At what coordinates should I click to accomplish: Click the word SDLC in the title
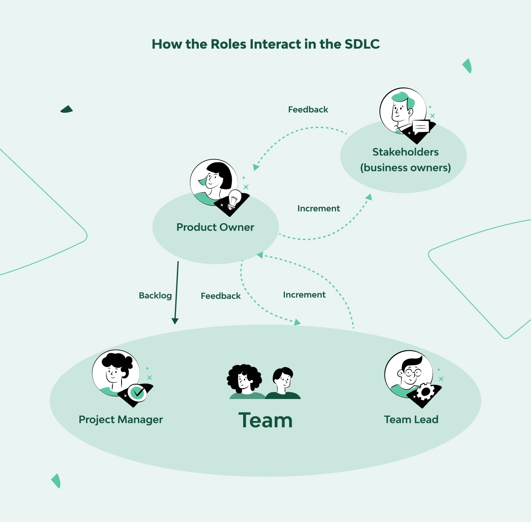(362, 44)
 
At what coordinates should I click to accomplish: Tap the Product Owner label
(215, 227)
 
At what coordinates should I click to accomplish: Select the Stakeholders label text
(405, 152)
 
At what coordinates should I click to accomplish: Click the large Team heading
(265, 420)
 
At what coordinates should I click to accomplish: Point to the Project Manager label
(121, 420)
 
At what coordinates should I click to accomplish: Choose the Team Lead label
(411, 420)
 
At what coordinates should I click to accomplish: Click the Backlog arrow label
(155, 295)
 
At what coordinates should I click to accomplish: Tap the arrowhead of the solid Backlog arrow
(175, 321)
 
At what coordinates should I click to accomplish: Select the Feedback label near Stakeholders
(308, 110)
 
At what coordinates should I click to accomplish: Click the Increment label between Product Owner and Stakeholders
(319, 208)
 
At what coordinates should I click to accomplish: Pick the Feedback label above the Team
(221, 296)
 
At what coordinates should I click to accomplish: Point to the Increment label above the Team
(304, 295)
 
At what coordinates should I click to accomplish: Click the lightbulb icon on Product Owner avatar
(234, 199)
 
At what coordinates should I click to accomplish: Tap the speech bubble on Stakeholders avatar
(421, 126)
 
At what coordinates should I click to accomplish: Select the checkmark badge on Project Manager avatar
(138, 393)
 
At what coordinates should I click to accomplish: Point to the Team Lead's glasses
(412, 373)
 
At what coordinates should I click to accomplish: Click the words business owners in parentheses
(405, 168)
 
